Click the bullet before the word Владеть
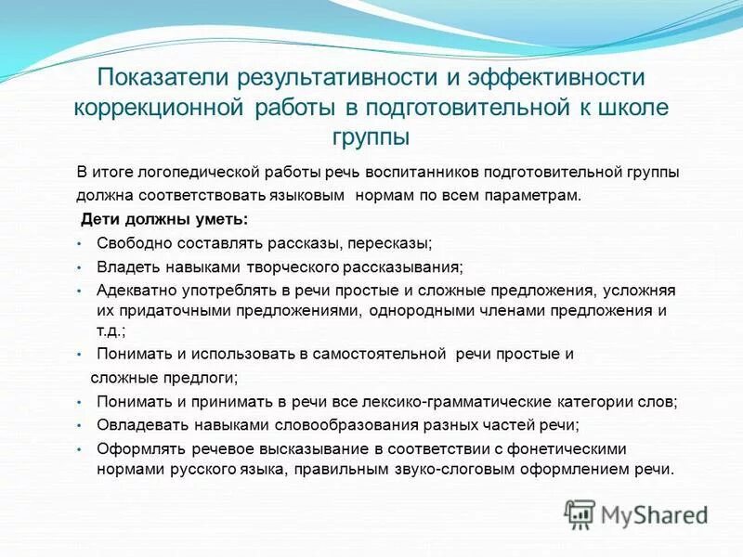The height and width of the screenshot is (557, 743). click(80, 266)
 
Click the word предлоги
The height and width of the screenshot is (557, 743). click(203, 377)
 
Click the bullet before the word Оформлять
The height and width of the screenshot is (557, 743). click(80, 449)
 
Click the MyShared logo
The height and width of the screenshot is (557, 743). click(636, 513)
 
